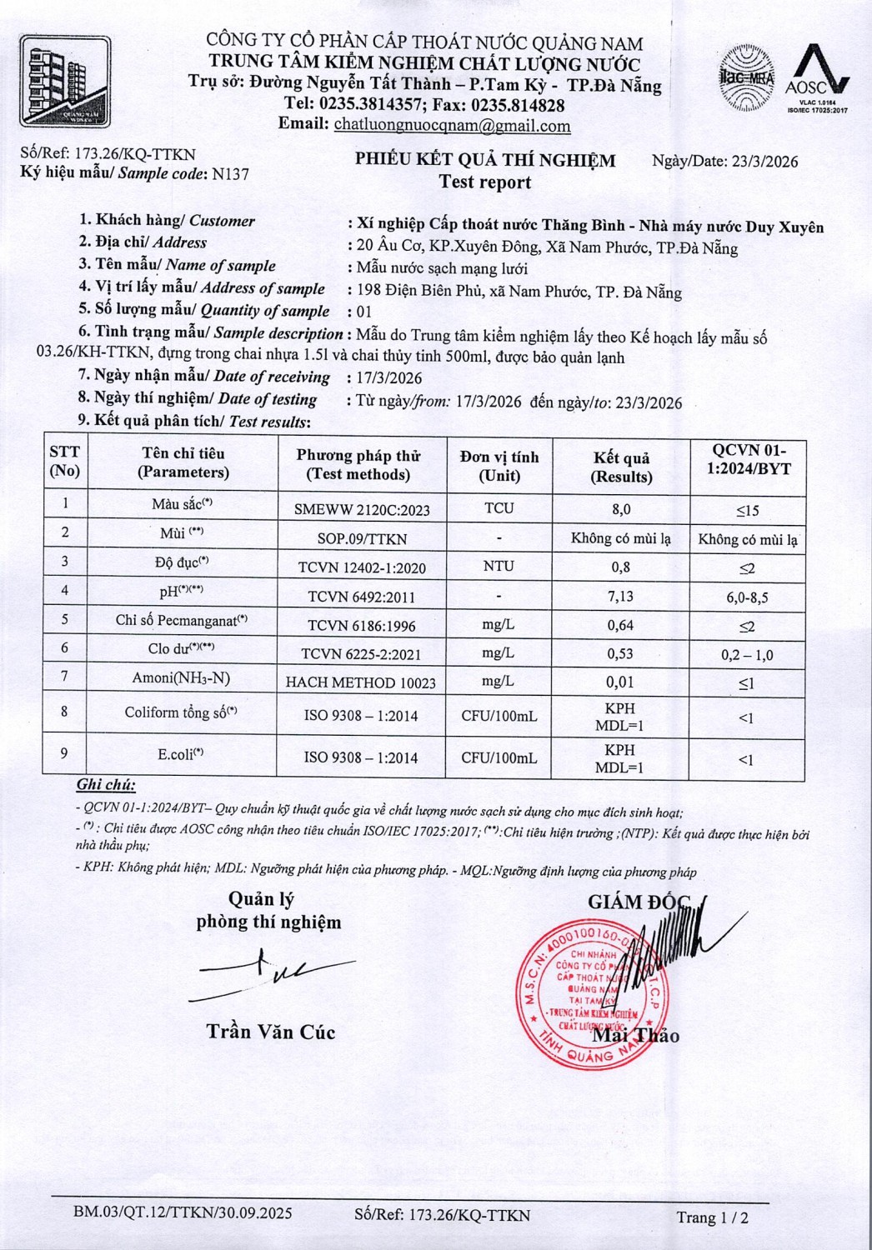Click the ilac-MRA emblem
coord(746,79)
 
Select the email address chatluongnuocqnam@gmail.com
coord(452,126)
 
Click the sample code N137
coord(231,174)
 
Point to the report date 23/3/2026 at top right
coord(764,162)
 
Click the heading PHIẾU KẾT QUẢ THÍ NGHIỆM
coord(485,160)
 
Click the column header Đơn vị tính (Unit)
coord(499,466)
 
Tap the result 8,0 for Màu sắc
coord(621,508)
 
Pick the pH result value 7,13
coord(620,596)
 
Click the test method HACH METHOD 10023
coord(361,682)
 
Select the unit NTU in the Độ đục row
coord(499,566)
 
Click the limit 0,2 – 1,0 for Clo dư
coord(747,655)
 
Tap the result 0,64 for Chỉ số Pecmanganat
coord(620,625)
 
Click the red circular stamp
coord(588,992)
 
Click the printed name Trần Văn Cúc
coord(271,1032)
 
